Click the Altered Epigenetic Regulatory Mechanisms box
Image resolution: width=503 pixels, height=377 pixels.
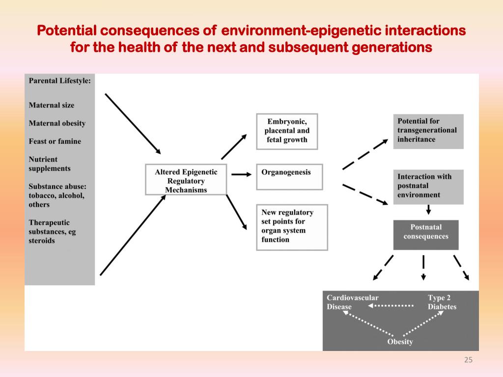(x=186, y=180)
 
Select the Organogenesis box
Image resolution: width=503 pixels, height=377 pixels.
(x=289, y=177)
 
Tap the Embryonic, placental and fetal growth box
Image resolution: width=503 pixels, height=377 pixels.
(x=287, y=132)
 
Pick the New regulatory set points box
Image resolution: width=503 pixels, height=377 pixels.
(x=292, y=227)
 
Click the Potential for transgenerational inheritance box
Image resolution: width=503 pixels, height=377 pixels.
(x=428, y=132)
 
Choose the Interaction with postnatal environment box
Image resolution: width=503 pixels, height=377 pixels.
(x=428, y=187)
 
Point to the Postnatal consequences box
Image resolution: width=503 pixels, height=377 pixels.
(x=426, y=235)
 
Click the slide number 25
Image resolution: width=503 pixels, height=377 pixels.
(x=468, y=360)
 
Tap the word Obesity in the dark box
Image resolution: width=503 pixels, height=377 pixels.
(x=400, y=342)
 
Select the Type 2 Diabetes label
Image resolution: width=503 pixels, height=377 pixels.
(x=442, y=302)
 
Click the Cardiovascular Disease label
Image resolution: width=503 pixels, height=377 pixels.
(x=353, y=302)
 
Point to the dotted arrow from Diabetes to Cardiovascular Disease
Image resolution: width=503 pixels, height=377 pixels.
(x=391, y=306)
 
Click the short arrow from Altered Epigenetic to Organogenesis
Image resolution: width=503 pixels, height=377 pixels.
(x=242, y=174)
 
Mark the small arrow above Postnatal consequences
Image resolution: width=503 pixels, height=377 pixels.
(x=428, y=210)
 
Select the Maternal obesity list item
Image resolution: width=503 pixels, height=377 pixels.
(x=57, y=123)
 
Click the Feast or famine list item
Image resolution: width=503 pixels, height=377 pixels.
(x=55, y=141)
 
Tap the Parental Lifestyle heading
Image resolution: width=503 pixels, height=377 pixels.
(x=59, y=81)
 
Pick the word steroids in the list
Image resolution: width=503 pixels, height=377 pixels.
(x=42, y=241)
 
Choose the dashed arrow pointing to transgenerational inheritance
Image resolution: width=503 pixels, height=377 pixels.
(x=365, y=155)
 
